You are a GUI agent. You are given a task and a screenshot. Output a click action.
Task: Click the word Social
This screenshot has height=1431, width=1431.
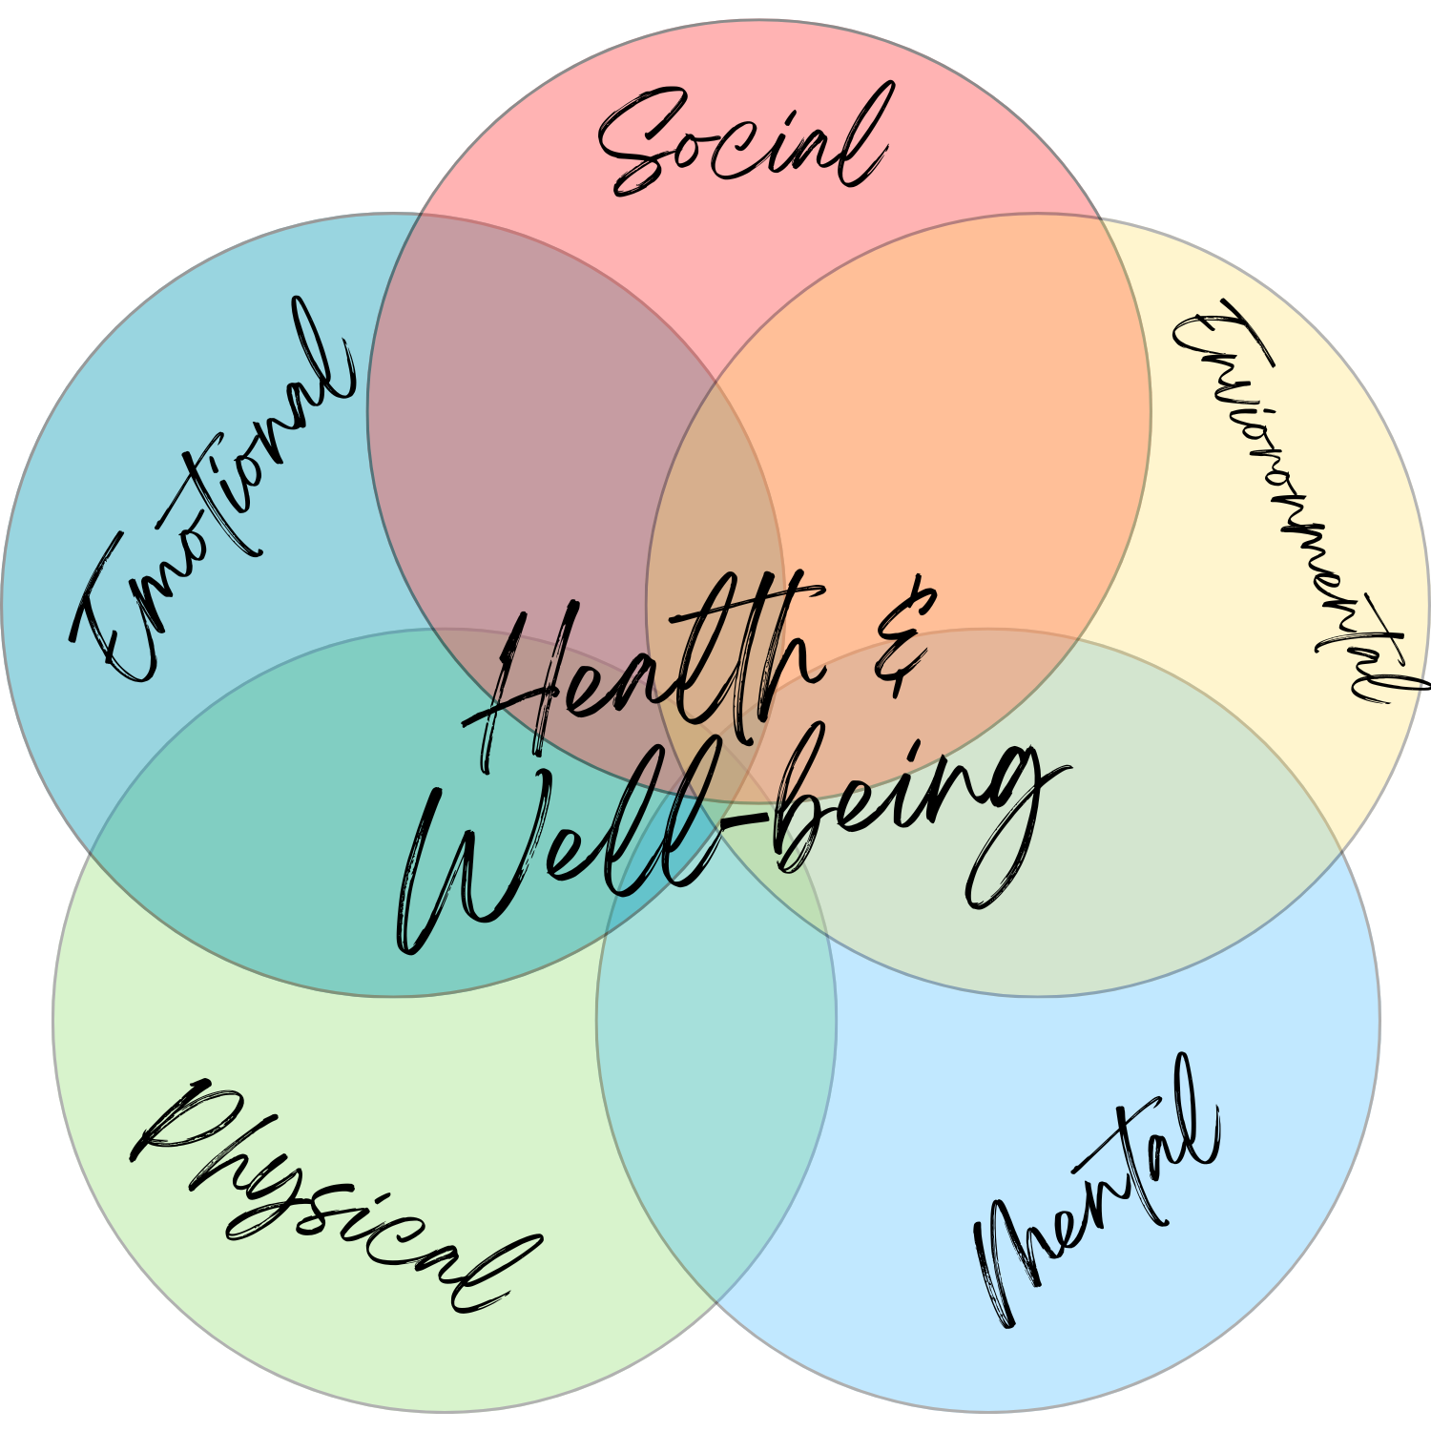click(x=744, y=143)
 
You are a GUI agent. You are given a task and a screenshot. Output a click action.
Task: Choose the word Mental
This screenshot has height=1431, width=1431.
click(x=1097, y=1192)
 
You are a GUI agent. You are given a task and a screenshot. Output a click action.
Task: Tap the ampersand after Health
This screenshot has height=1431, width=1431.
click(x=902, y=634)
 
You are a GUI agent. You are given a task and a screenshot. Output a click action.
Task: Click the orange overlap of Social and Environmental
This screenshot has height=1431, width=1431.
click(x=954, y=382)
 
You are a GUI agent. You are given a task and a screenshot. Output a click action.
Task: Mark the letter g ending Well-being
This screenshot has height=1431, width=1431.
click(x=1011, y=830)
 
